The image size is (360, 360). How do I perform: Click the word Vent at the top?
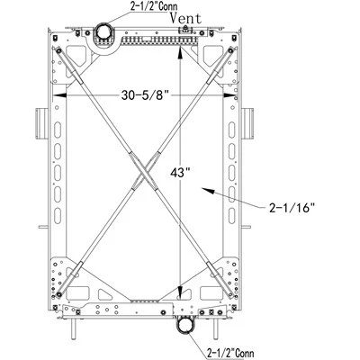[186, 18]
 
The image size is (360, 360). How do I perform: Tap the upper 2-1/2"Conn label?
[154, 6]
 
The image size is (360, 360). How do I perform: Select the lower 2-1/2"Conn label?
[230, 353]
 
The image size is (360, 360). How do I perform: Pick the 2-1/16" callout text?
[292, 208]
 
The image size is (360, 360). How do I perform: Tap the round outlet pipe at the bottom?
[186, 325]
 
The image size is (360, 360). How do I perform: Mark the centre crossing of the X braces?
[144, 172]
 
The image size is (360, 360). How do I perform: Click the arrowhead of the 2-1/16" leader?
[209, 190]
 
